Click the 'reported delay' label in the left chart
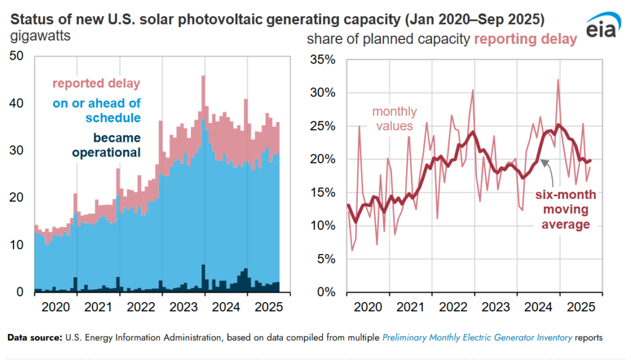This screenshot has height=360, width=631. [x=96, y=83]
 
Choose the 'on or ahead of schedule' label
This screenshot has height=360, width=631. [x=96, y=110]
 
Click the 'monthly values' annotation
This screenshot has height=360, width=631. [x=394, y=119]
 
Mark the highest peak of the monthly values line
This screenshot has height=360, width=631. [x=558, y=80]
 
